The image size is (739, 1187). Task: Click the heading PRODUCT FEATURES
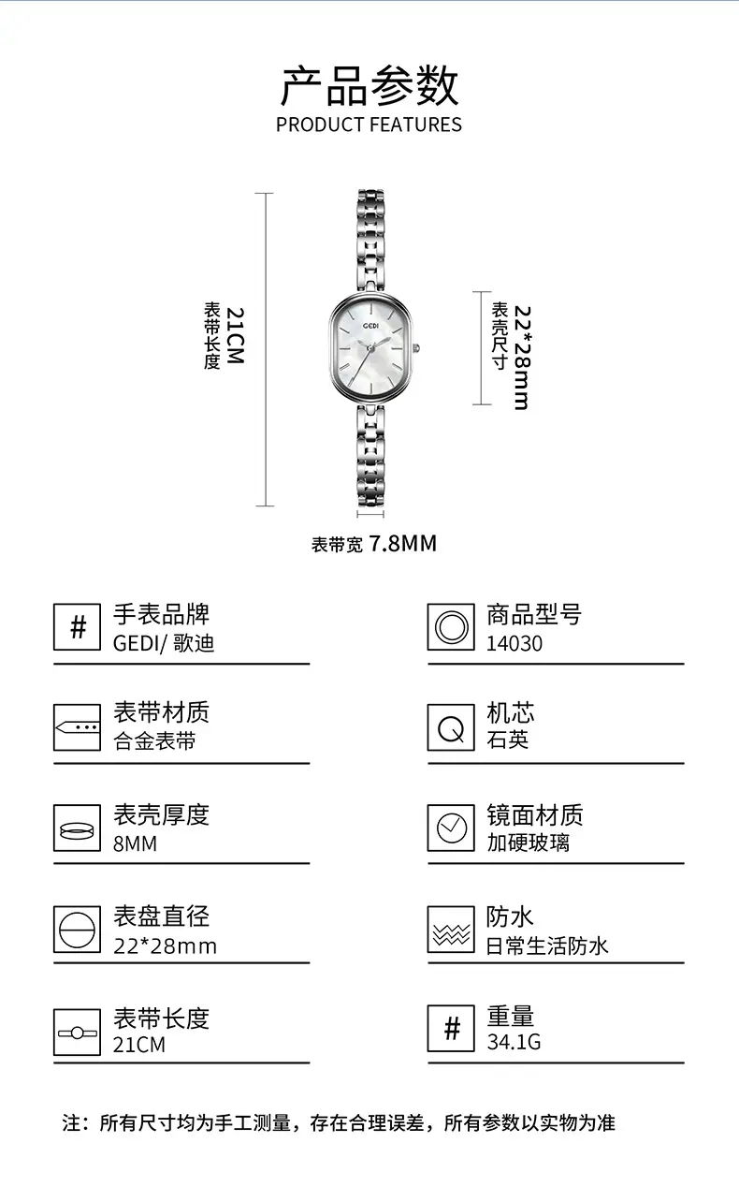coord(369,125)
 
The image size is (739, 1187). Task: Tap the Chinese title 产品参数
coord(369,86)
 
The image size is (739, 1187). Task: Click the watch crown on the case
coord(417,348)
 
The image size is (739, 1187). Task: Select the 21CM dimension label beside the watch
coord(235,335)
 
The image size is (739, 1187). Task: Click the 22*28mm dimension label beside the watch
coord(522,357)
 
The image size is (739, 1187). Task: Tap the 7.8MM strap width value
coord(402,544)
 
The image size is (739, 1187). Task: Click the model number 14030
coord(514,643)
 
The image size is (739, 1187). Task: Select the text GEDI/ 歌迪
coord(164,644)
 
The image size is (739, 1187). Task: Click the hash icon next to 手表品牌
coord(77,626)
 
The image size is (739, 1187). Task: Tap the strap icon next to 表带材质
coord(77,727)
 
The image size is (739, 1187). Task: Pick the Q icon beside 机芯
coord(451,727)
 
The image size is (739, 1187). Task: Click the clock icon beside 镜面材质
coord(451,828)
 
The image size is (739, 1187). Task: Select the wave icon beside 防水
coord(451,929)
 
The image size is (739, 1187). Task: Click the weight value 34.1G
coord(514,1042)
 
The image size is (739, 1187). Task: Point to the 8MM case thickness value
coord(135,843)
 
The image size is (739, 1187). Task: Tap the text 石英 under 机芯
coord(507,740)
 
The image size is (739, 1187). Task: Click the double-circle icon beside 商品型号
coord(451,626)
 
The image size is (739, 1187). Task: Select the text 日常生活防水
coord(547,945)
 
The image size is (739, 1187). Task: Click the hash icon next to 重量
coord(451,1029)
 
